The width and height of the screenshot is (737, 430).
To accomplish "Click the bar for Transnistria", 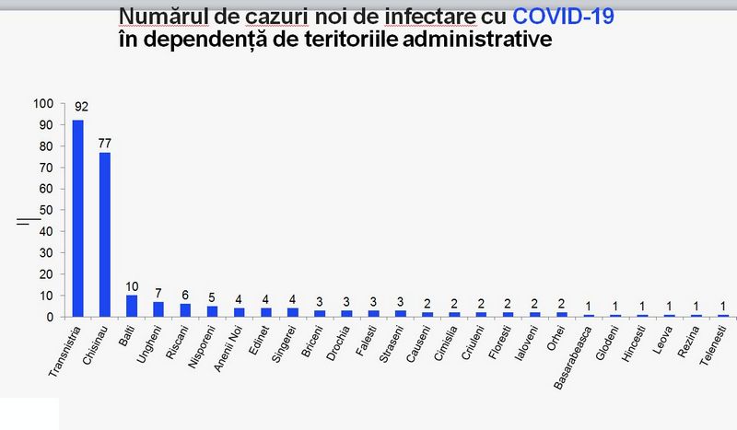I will pos(77,218).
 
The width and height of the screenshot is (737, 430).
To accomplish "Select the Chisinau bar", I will pos(105,234).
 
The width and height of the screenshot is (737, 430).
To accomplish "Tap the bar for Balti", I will pos(132,306).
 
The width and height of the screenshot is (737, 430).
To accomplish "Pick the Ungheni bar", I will pos(158,309).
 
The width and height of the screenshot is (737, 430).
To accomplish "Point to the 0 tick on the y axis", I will pos(53,317).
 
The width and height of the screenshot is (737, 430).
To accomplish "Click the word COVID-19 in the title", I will pos(562,17).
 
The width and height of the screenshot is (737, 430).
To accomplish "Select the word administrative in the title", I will pos(490,40).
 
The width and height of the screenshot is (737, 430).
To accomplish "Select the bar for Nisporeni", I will pos(212,311).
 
